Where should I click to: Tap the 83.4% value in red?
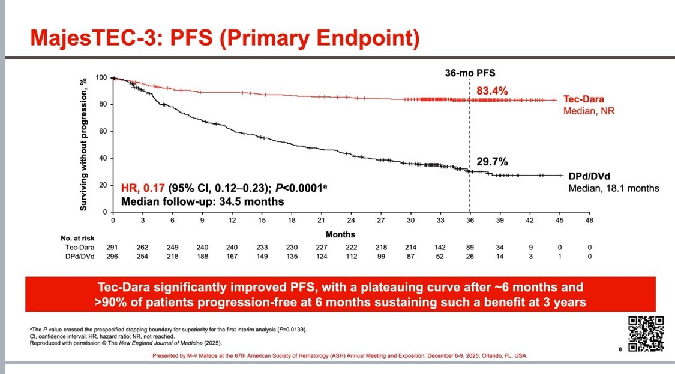coord(492,91)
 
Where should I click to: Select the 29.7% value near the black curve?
coord(492,162)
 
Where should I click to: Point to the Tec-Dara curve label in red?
coord(583,100)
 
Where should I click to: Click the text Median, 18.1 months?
coord(613,188)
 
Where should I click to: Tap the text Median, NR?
coord(589,111)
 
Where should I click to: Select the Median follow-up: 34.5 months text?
coord(203,201)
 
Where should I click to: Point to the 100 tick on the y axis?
coord(101,78)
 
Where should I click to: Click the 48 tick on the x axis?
coord(589,221)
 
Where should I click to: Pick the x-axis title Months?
coord(340,234)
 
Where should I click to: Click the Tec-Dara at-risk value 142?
coord(440,246)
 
